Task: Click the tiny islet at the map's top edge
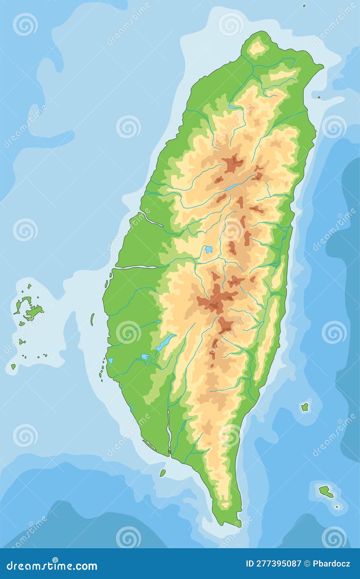click(x=304, y=6)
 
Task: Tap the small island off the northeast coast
click(x=319, y=97)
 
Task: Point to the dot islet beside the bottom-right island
click(x=337, y=506)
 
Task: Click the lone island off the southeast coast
click(x=304, y=407)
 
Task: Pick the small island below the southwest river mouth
click(x=163, y=473)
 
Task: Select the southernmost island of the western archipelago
click(x=13, y=366)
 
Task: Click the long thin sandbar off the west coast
click(x=92, y=319)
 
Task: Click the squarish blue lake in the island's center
click(x=208, y=249)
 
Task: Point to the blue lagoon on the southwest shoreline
click(x=111, y=361)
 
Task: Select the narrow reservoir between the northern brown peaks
click(x=232, y=187)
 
